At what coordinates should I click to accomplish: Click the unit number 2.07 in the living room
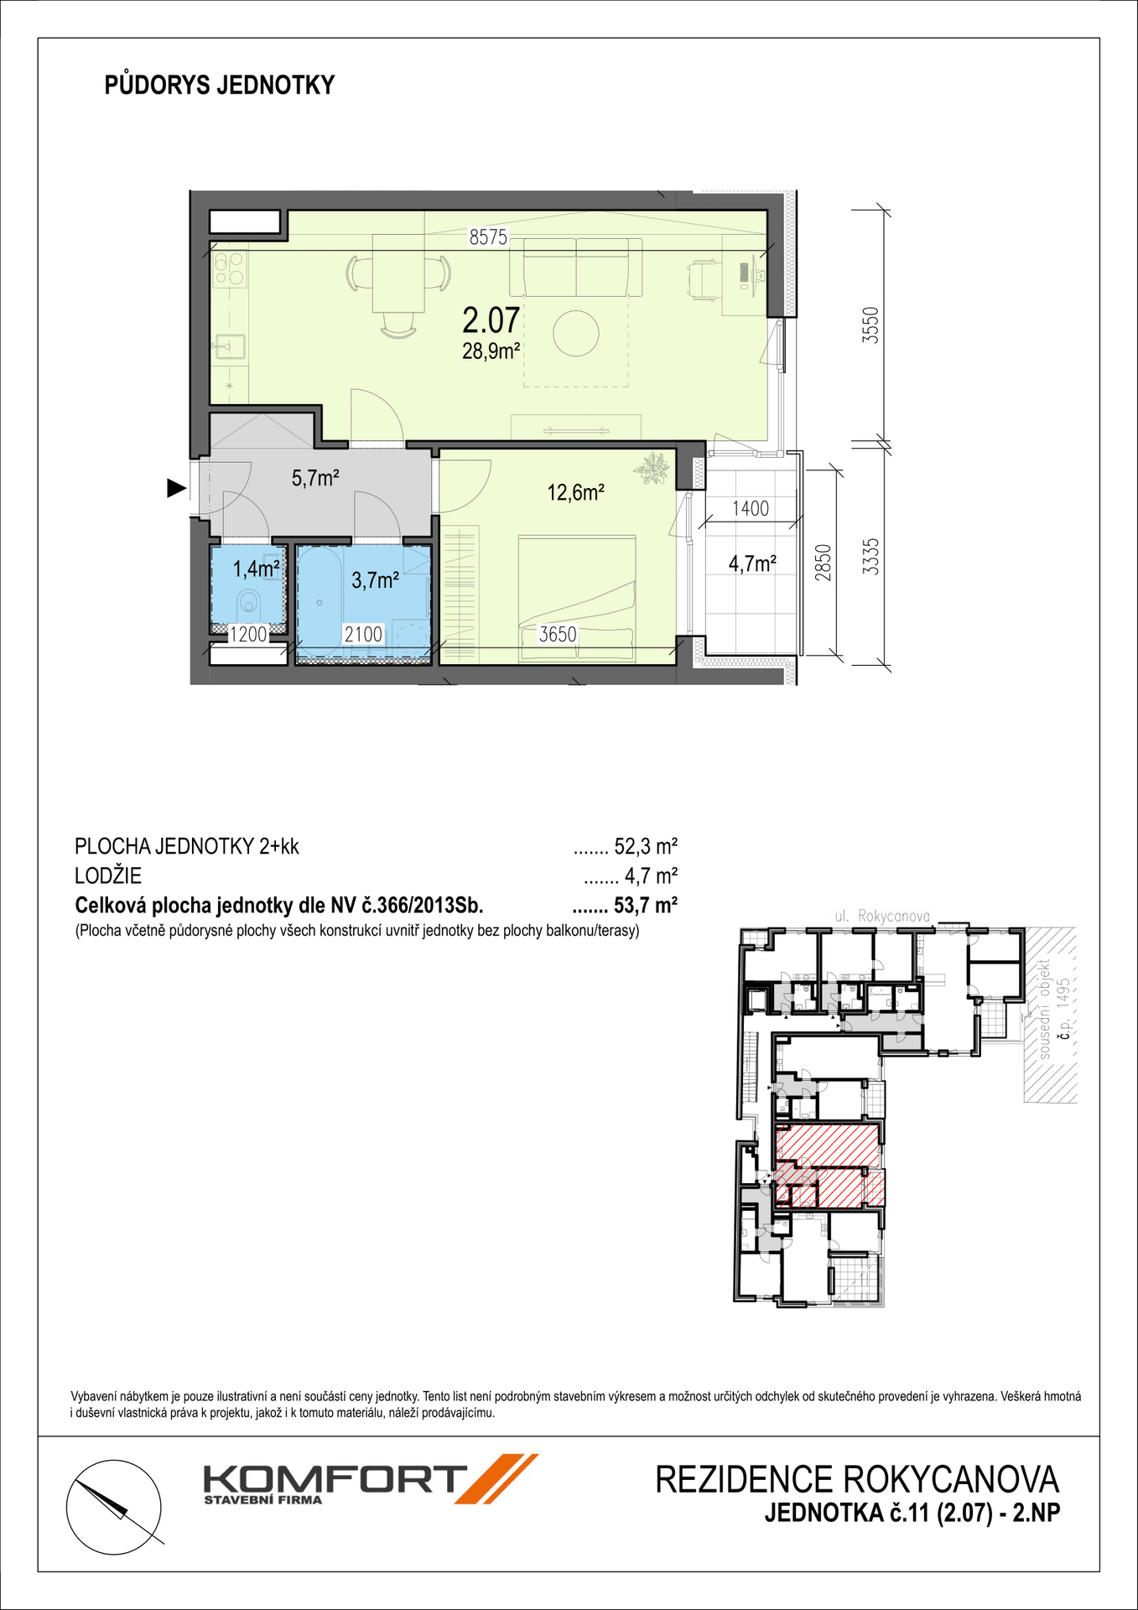491,321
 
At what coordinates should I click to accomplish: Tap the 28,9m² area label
491,351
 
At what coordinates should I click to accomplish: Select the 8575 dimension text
488,237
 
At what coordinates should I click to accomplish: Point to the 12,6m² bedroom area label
576,492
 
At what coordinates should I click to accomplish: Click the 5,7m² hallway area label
314,478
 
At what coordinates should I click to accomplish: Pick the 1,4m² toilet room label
256,569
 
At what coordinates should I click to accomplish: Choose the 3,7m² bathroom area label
375,579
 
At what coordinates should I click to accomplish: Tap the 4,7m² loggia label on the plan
752,563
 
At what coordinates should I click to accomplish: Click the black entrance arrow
176,488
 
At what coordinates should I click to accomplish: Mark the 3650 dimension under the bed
558,635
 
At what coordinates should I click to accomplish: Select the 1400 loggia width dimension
750,508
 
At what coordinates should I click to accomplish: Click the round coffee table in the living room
575,333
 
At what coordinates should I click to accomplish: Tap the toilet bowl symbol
249,601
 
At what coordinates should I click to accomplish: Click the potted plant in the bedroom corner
652,468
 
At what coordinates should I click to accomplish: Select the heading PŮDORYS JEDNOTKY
220,85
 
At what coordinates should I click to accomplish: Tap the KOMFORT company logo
370,1479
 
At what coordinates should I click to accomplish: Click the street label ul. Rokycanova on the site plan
882,917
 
